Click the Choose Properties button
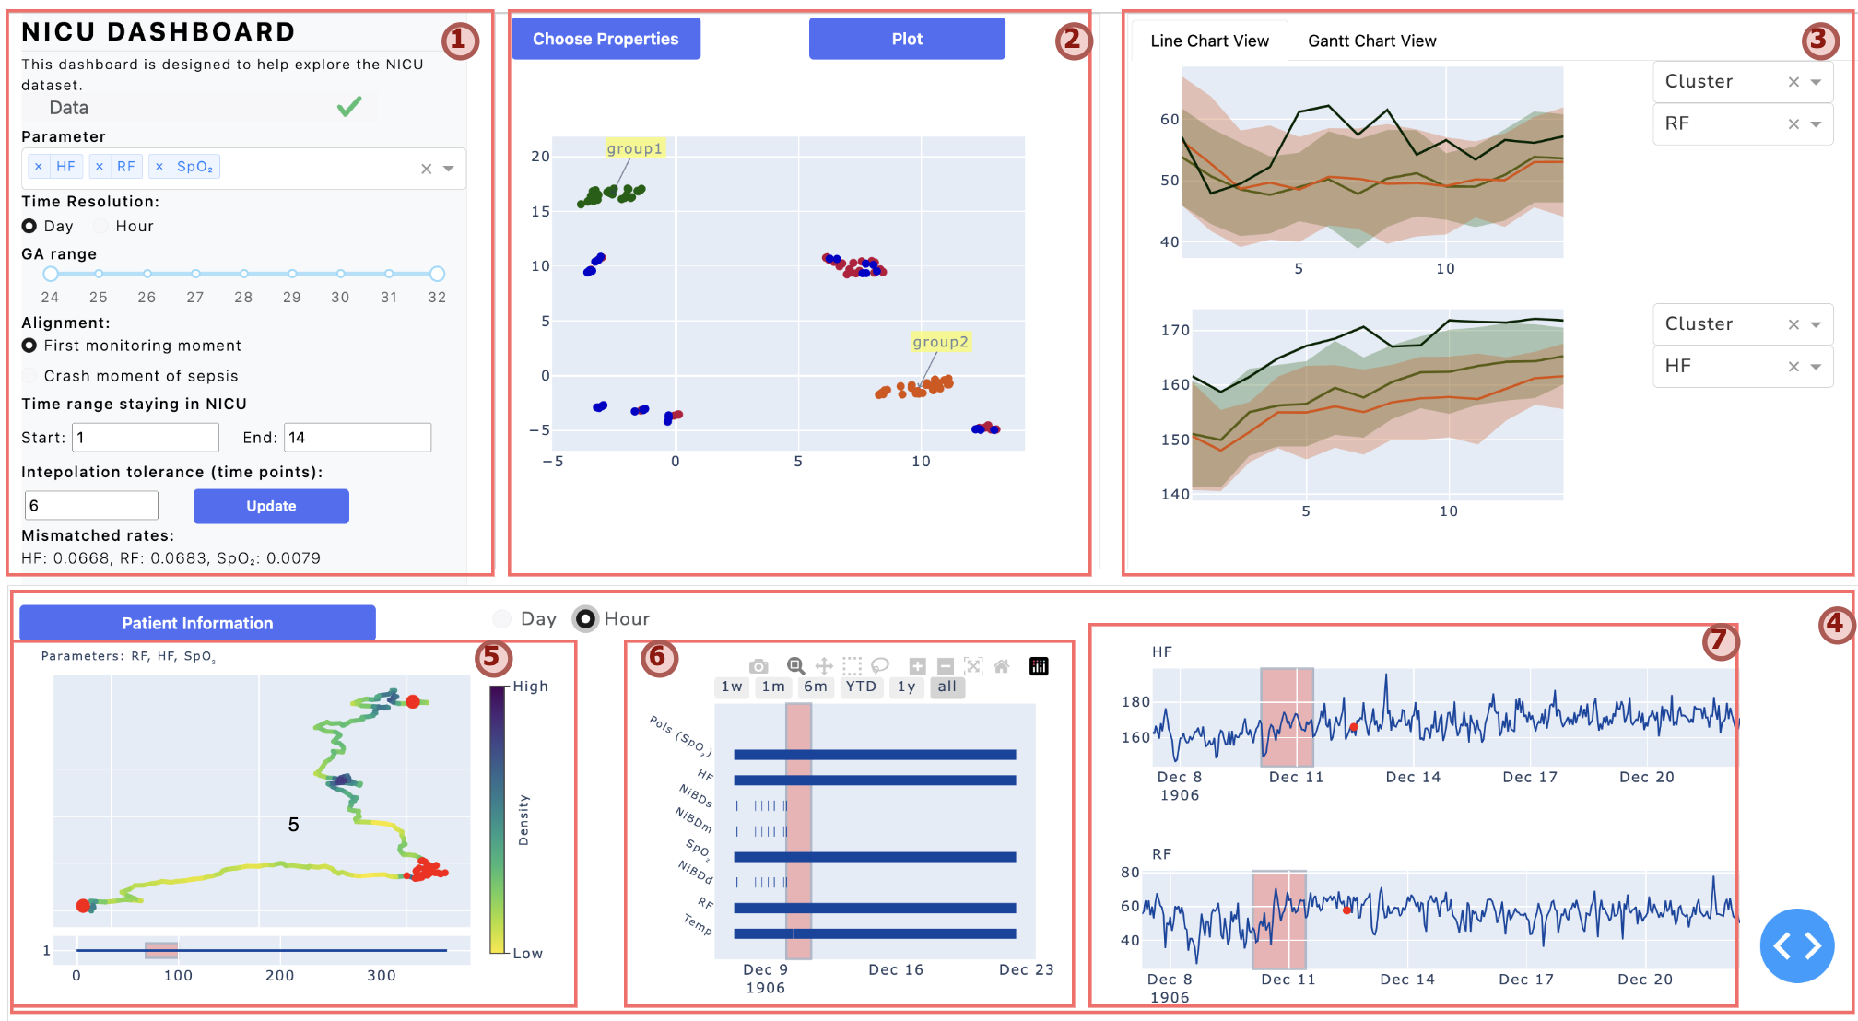(x=606, y=39)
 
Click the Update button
(x=271, y=506)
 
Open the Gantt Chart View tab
(x=1371, y=41)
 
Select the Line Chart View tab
(x=1209, y=41)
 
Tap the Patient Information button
(x=197, y=623)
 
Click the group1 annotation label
(x=634, y=148)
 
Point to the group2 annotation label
(x=940, y=342)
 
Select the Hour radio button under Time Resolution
(x=101, y=227)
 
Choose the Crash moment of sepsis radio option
(x=29, y=376)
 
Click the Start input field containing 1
(x=146, y=438)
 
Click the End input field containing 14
(x=358, y=438)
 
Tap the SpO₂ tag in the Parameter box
(x=194, y=167)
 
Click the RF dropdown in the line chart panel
(x=1742, y=124)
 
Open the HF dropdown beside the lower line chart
(x=1742, y=367)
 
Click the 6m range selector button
(x=815, y=687)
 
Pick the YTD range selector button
(x=861, y=687)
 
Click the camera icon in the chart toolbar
(x=758, y=666)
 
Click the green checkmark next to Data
(x=349, y=108)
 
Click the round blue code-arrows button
(x=1796, y=945)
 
